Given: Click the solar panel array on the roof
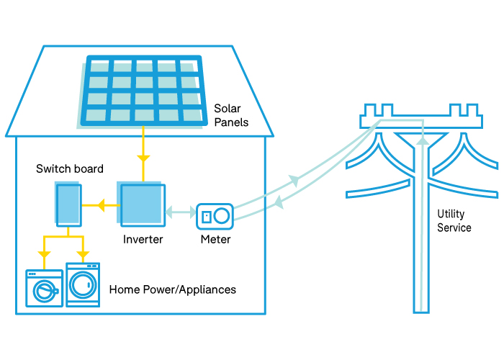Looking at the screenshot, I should click(x=142, y=91).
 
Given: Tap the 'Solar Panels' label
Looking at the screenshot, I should click(x=231, y=115).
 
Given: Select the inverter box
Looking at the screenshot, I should click(x=143, y=206).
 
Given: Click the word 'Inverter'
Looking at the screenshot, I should click(x=143, y=239).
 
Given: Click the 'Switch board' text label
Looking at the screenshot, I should click(x=70, y=168).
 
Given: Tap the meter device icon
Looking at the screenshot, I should click(x=214, y=215).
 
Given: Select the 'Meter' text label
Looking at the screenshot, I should click(x=215, y=239).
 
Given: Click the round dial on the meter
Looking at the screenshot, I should click(x=222, y=215).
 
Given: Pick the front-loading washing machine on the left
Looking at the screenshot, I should click(x=44, y=289).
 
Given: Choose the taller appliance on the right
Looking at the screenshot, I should click(x=83, y=285).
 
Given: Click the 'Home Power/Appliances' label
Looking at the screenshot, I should click(x=173, y=289).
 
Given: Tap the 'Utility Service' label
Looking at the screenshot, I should click(x=454, y=221).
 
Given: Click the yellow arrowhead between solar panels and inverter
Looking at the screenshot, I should click(x=143, y=157).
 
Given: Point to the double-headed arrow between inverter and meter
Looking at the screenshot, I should click(x=180, y=212).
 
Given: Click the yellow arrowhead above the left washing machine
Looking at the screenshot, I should click(x=44, y=254).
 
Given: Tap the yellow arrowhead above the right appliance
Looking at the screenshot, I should click(x=82, y=254).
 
